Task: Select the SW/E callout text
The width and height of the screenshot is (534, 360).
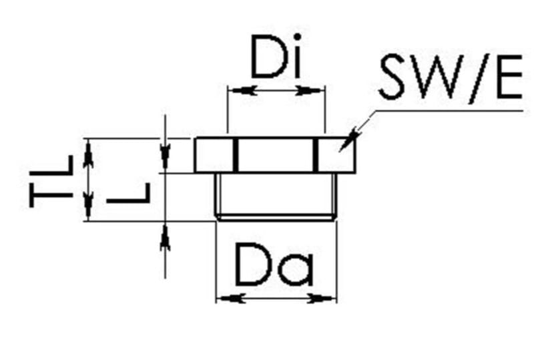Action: coord(449,78)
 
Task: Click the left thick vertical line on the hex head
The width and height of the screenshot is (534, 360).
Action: coord(235,156)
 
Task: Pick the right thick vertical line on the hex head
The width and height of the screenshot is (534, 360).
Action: coord(315,156)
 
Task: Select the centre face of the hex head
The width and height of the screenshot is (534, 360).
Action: coord(275,156)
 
